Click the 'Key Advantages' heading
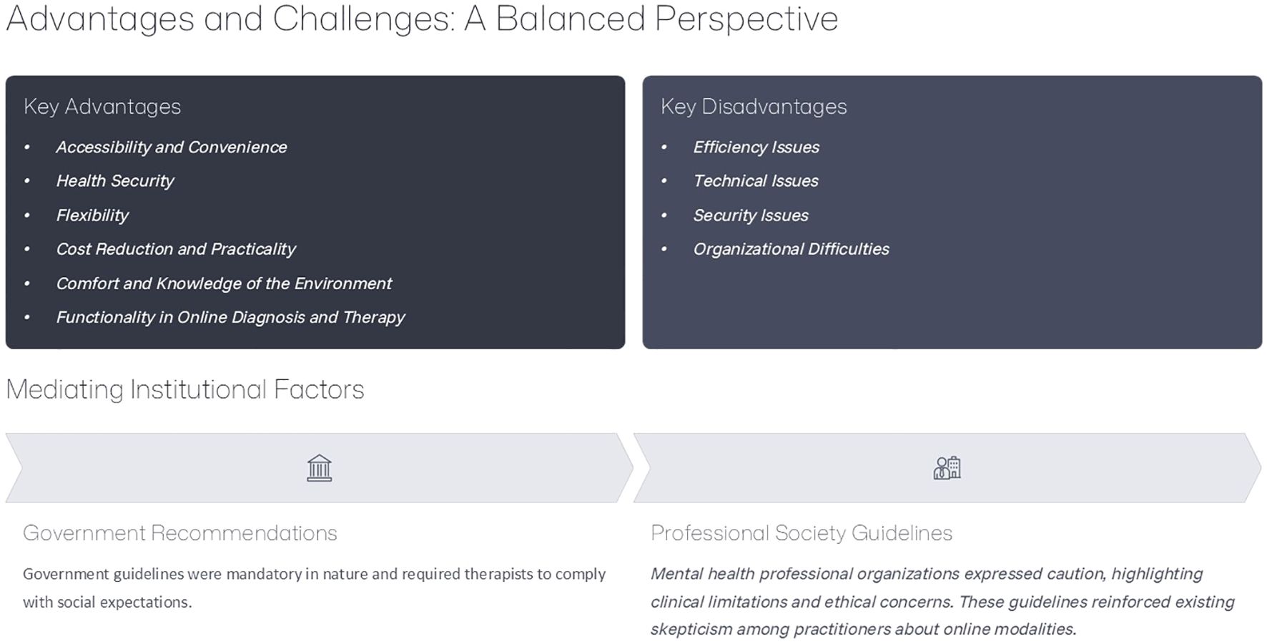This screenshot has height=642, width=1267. pyautogui.click(x=102, y=107)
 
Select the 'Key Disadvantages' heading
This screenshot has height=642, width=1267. pyautogui.click(x=754, y=107)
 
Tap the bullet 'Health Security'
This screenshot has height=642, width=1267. pyautogui.click(x=115, y=181)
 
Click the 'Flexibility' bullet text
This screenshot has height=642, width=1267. pyautogui.click(x=92, y=215)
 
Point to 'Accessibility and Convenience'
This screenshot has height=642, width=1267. pyautogui.click(x=172, y=147)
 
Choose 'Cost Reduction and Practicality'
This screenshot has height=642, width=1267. pyautogui.click(x=176, y=249)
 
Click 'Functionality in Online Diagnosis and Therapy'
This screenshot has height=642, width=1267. pyautogui.click(x=230, y=317)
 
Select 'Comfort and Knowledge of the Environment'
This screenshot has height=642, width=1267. pyautogui.click(x=224, y=283)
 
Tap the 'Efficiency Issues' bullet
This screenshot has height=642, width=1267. pyautogui.click(x=756, y=147)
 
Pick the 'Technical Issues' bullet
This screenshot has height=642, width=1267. pyautogui.click(x=756, y=181)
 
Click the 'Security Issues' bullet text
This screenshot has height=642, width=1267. pyautogui.click(x=751, y=215)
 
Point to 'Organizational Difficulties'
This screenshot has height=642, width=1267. pyautogui.click(x=792, y=249)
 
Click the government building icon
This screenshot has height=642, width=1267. pyautogui.click(x=320, y=468)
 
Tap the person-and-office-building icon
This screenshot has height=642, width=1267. pyautogui.click(x=947, y=468)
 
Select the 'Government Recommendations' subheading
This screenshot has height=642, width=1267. pyautogui.click(x=180, y=533)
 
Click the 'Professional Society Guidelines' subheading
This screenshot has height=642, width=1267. pyautogui.click(x=802, y=533)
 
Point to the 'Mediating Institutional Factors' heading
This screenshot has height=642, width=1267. pyautogui.click(x=185, y=389)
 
